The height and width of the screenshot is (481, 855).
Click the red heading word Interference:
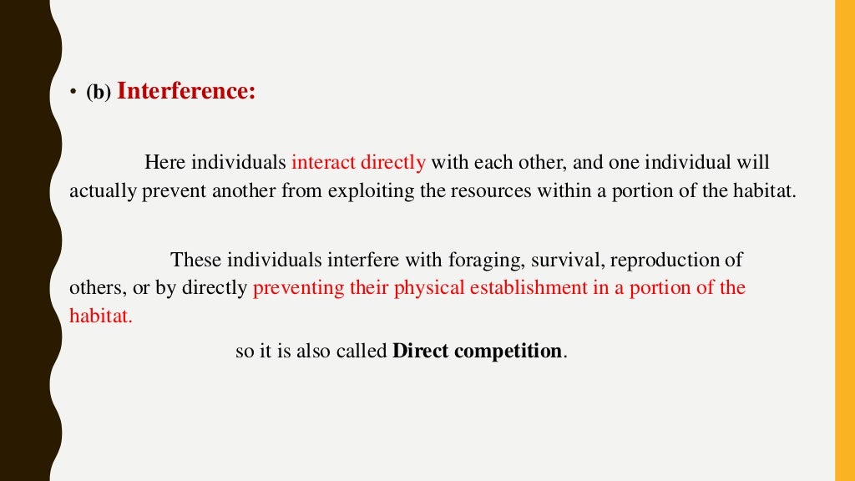click(186, 91)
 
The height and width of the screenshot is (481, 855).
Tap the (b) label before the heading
click(98, 94)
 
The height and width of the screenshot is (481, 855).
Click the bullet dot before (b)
click(73, 94)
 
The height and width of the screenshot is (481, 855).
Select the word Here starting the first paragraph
click(164, 162)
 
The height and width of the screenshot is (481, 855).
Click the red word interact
click(323, 162)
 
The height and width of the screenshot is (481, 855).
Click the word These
click(197, 260)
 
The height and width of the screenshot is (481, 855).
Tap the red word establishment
click(512, 288)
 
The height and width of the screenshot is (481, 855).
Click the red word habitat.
click(100, 316)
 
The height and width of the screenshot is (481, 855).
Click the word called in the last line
click(362, 351)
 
